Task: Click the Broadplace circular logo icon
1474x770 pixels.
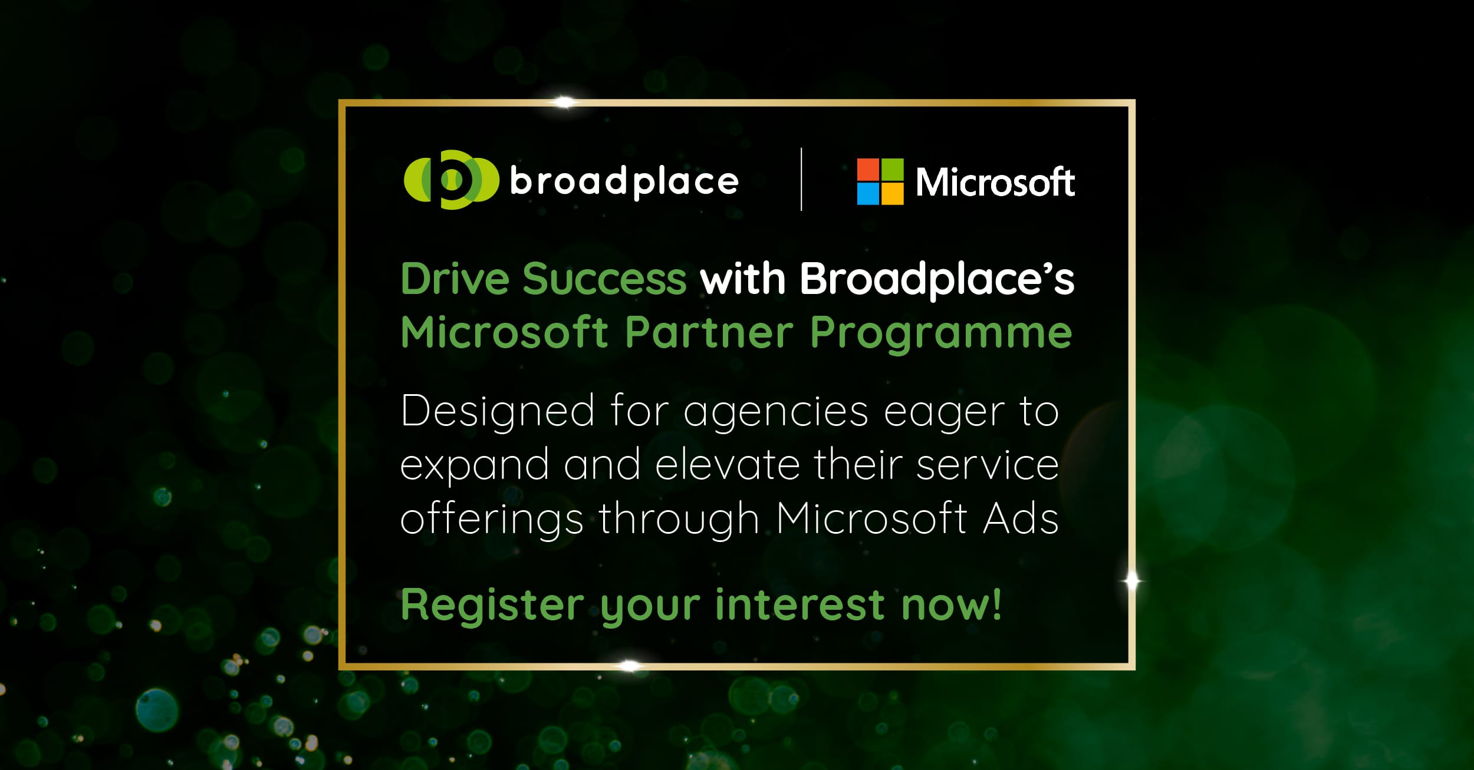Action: coord(451,180)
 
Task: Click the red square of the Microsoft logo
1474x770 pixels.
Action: coord(868,170)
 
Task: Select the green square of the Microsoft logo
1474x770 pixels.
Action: coord(892,170)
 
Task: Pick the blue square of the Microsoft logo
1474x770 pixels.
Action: coord(868,194)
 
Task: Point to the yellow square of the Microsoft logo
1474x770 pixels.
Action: coord(892,194)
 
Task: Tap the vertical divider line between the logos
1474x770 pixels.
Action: coord(801,179)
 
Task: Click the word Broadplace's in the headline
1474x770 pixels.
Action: coord(937,280)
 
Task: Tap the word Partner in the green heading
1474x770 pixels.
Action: coord(709,333)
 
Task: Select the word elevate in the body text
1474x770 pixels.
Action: coord(728,465)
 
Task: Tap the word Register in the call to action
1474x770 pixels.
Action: coord(492,606)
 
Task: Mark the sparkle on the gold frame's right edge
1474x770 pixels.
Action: coord(1131,581)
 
